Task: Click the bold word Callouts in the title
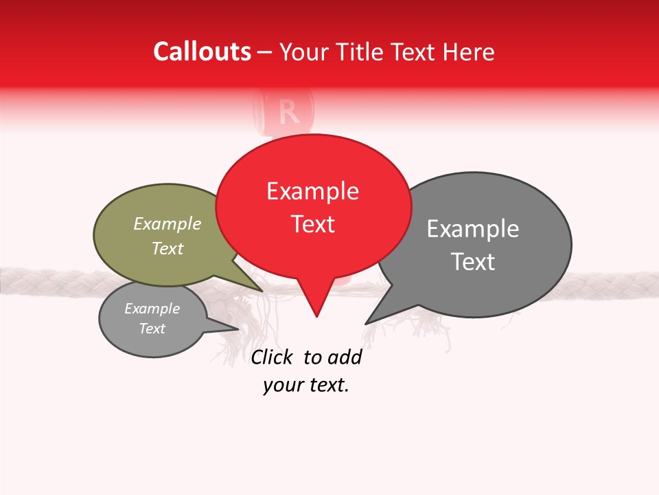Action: coord(202,52)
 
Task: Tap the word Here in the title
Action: coord(467,52)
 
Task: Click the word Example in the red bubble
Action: coord(312,191)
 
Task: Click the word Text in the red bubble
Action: coord(313,224)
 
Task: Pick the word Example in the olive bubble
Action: coord(167,224)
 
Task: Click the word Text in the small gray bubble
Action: coord(152,329)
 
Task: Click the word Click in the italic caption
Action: coord(271,357)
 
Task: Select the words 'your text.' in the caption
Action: coord(306,386)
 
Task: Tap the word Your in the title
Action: coord(302,52)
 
